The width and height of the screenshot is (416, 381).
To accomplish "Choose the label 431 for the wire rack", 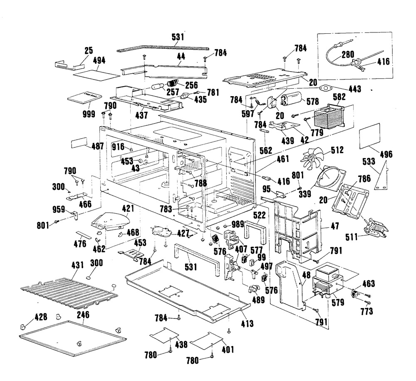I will click(77, 265).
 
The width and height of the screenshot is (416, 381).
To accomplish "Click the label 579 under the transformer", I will click(337, 303).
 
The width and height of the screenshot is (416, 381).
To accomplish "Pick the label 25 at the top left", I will click(89, 51).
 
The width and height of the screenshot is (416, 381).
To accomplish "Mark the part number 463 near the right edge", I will click(368, 284).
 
